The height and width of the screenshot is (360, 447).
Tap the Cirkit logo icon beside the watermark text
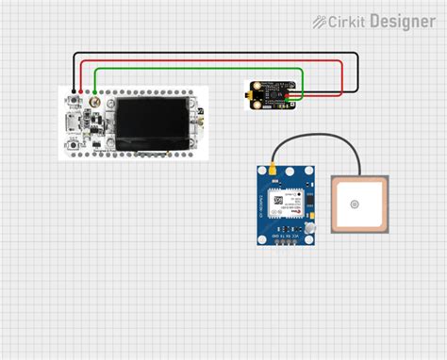(321, 21)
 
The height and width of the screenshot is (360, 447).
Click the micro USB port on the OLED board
(69, 122)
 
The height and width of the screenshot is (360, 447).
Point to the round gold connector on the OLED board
(93, 98)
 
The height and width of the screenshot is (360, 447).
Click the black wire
(217, 52)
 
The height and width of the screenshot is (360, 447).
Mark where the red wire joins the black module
(301, 93)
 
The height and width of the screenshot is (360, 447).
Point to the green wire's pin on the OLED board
(99, 98)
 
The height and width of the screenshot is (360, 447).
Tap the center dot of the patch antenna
(355, 204)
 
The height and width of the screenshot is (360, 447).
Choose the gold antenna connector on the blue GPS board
(268, 173)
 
